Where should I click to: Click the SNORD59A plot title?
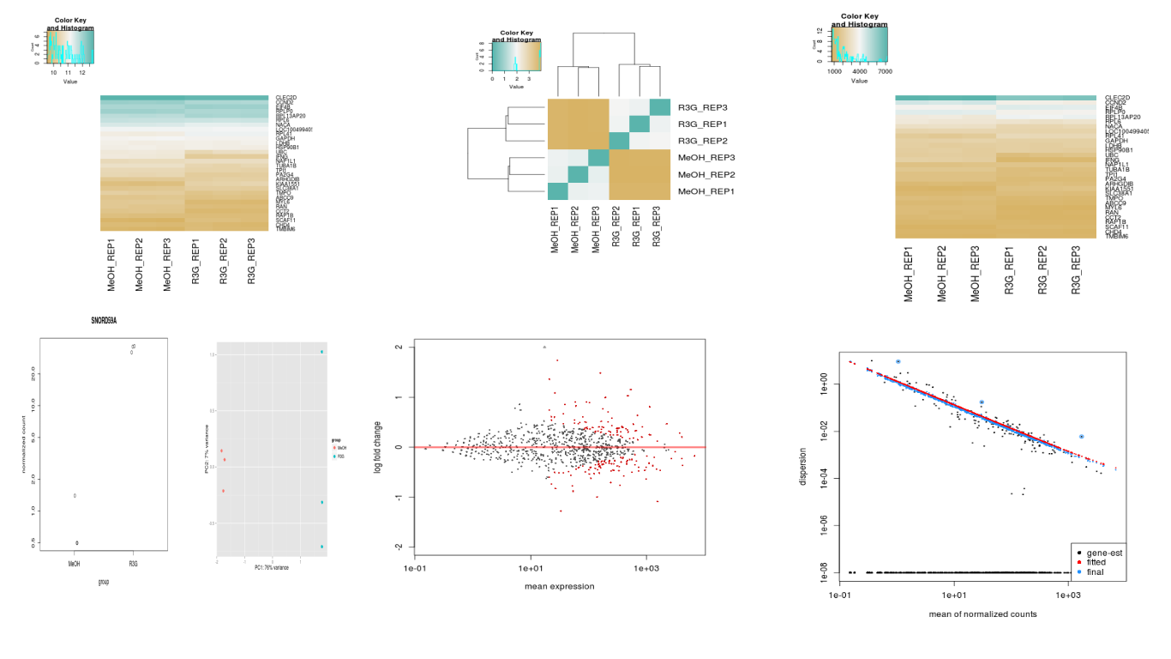pos(103,319)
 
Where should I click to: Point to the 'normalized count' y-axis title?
pos(23,443)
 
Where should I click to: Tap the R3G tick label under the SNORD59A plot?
pos(133,563)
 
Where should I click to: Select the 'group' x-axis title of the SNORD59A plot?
pos(103,582)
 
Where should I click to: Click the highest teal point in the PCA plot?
pos(321,352)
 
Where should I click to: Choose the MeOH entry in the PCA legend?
pos(341,448)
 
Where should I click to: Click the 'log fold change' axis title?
pos(377,447)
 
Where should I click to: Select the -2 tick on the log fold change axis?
pos(399,547)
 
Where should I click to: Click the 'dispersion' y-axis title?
pos(802,466)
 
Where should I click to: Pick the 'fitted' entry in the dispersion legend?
pos(1096,562)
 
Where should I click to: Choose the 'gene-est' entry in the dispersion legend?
pos(1103,553)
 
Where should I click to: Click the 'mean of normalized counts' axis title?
pos(982,614)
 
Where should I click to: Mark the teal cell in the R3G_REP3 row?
pos(660,107)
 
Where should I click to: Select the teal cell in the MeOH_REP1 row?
pos(558,190)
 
